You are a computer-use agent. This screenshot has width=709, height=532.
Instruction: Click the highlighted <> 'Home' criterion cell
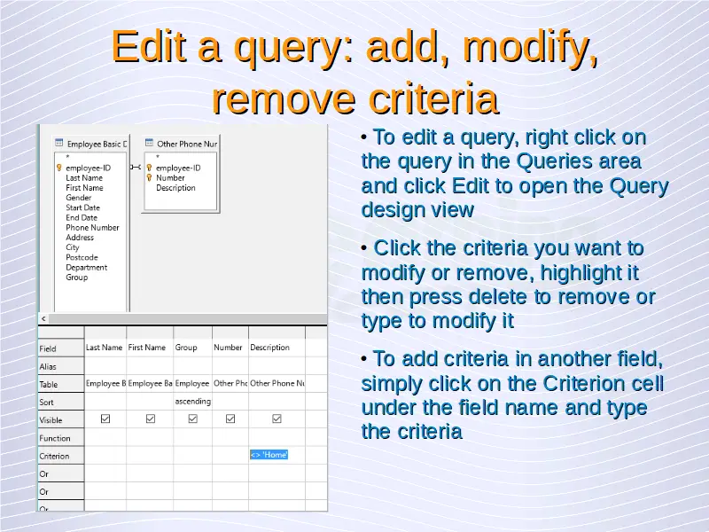click(269, 455)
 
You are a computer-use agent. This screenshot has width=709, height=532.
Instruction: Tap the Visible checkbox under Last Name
click(105, 419)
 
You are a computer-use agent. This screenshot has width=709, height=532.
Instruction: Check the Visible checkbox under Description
click(277, 419)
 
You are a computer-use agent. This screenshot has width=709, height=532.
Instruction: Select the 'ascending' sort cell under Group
click(192, 402)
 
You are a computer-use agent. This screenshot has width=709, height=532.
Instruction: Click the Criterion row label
click(54, 456)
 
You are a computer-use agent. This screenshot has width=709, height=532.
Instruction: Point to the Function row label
click(55, 438)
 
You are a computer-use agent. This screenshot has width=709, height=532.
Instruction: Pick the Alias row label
click(48, 366)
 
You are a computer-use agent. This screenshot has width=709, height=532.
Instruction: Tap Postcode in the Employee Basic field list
click(82, 257)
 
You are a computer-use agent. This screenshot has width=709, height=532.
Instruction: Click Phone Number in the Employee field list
click(92, 228)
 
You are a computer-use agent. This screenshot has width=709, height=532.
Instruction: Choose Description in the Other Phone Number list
click(175, 188)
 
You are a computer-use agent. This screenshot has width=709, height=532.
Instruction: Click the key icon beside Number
click(149, 178)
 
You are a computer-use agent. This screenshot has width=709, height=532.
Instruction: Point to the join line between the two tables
click(136, 168)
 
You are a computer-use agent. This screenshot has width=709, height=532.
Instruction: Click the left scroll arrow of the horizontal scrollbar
click(43, 319)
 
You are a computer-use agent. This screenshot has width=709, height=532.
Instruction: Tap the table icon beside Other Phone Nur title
click(149, 143)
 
